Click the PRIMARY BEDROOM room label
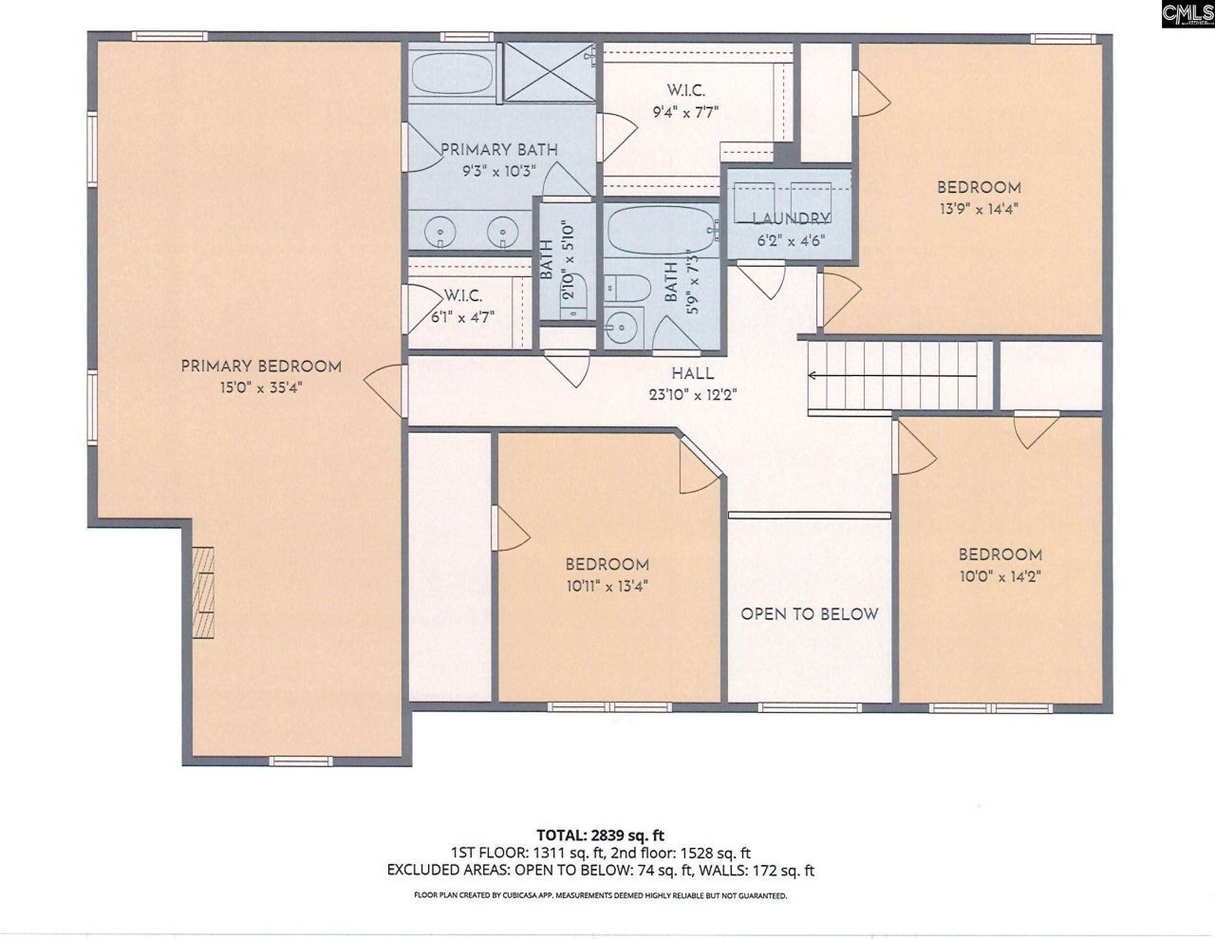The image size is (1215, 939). [x=261, y=366]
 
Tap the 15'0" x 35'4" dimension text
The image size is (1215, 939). [x=261, y=387]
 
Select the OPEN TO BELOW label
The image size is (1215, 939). [x=810, y=614]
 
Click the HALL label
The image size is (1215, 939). [x=692, y=373]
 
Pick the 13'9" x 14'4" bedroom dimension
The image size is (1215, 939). [x=979, y=209]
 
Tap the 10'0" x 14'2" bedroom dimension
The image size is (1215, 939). [x=1000, y=576]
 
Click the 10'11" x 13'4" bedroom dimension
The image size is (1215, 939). [x=607, y=586]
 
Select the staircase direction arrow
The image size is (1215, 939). [x=892, y=375]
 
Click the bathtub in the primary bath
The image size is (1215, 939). [x=453, y=74]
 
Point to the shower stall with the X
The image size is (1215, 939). [x=549, y=72]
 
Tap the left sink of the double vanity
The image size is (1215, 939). [x=440, y=232]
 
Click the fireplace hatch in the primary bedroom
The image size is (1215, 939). [x=203, y=592]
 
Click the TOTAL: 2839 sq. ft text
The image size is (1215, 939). [x=601, y=836]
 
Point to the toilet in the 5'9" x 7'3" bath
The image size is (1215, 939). [x=627, y=289]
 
